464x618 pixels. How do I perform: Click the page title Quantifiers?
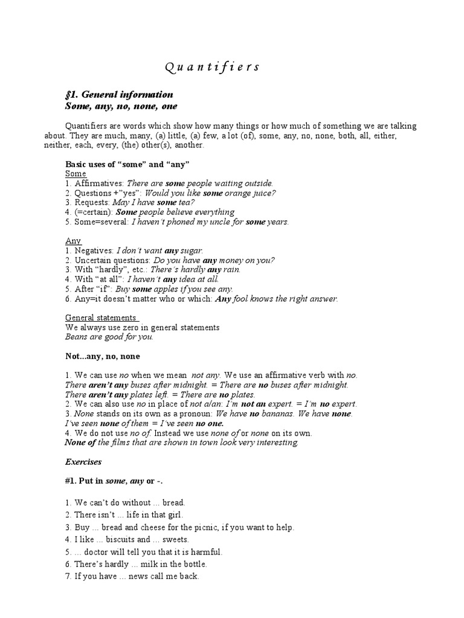pos(211,67)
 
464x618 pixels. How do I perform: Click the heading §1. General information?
pos(119,95)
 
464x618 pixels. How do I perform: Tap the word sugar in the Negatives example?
pos(192,250)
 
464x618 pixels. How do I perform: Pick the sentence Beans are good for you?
pos(109,337)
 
